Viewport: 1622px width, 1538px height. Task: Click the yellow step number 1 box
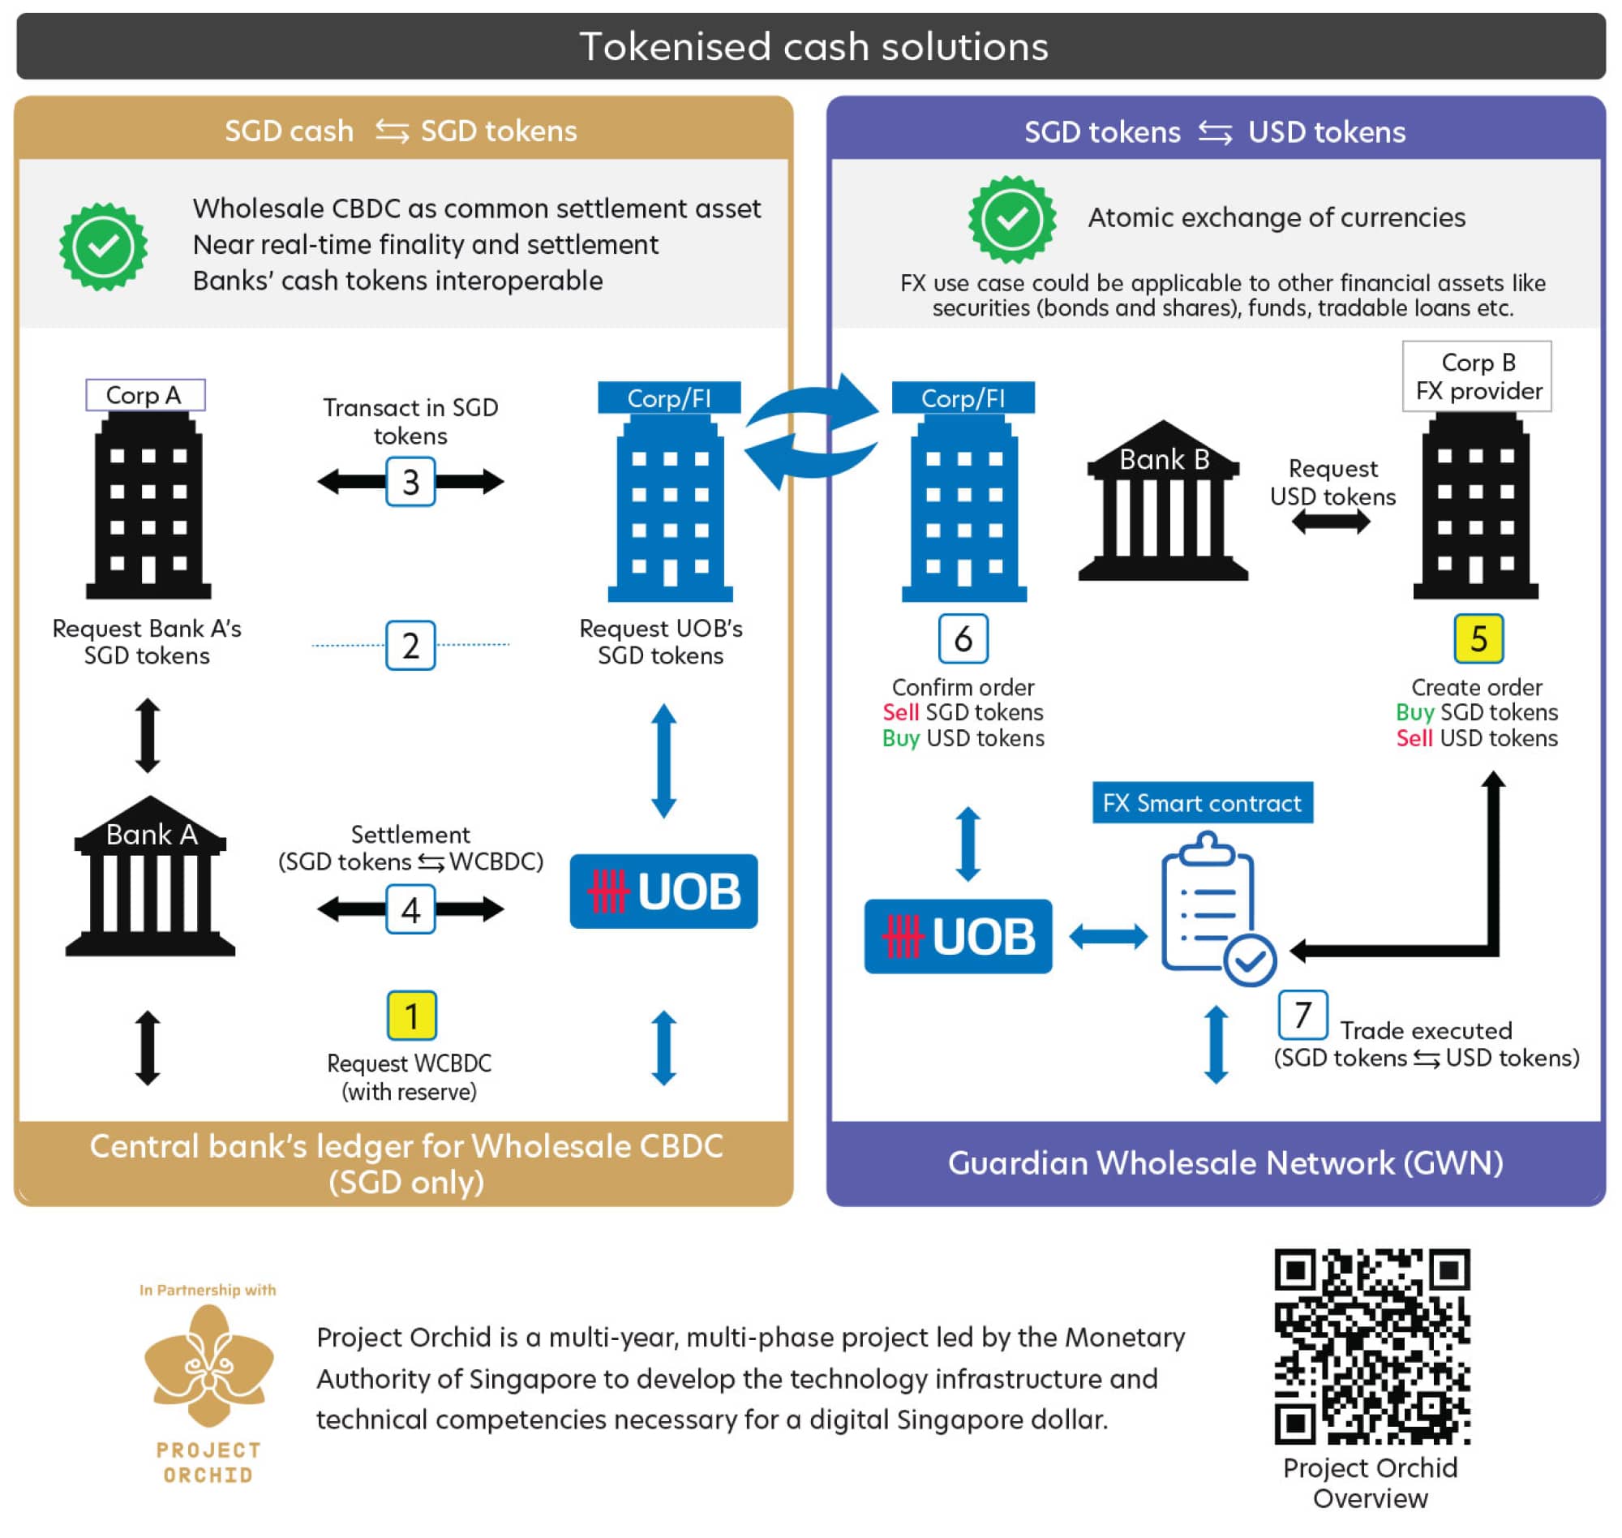(410, 1015)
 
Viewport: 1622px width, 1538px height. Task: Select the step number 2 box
(410, 645)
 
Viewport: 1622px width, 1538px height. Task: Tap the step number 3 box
(410, 481)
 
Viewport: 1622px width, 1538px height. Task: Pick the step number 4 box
(410, 909)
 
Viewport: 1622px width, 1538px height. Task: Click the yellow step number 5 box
(1478, 638)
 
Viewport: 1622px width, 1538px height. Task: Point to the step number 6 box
(962, 638)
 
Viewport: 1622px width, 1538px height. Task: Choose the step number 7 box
(1302, 1015)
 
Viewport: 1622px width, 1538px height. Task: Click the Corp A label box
(145, 394)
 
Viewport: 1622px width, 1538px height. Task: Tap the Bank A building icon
(150, 875)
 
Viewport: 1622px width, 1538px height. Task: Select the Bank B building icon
(1162, 500)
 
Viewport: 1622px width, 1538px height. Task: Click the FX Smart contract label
(1202, 802)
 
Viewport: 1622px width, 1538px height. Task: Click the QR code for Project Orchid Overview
(1371, 1347)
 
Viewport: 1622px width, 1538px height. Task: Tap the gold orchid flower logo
(208, 1366)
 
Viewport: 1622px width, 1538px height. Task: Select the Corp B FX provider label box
(1476, 376)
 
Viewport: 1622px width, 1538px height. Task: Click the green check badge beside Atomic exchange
(1011, 219)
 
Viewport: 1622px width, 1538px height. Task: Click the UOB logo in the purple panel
(957, 936)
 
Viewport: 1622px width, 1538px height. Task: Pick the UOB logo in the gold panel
(663, 891)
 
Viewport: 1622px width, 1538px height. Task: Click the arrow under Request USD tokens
(1330, 522)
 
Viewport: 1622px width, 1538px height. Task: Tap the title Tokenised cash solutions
(813, 47)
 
